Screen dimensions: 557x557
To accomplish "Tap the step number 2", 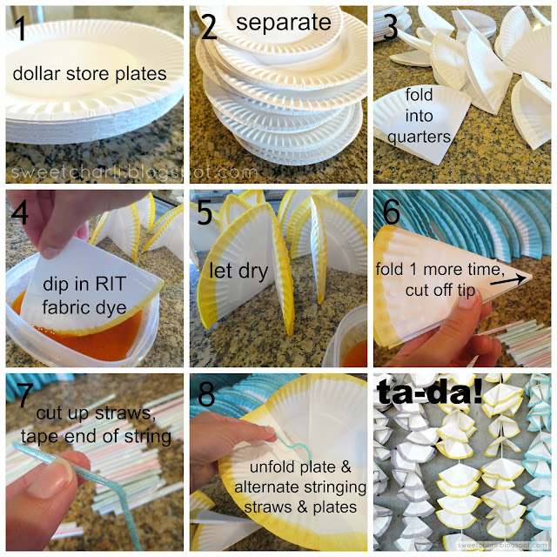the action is pos(209,27).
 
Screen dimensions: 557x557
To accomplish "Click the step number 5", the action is pos(205,212).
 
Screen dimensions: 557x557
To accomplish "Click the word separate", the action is pos(284,22).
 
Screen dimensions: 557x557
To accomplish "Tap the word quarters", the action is pos(419,138).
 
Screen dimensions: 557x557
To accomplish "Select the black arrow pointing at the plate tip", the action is pos(508,279).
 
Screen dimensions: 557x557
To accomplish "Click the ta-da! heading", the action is pos(430,392).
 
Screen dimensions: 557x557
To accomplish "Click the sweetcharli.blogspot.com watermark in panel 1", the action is pos(134,172).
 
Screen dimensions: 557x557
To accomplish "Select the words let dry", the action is pos(238,271).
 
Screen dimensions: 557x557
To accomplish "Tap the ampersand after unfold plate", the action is pos(346,467).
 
